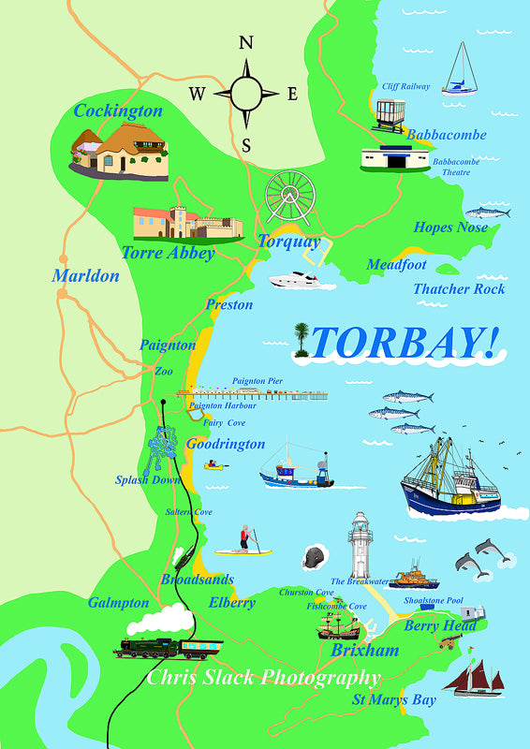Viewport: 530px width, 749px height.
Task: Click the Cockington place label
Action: coord(118,111)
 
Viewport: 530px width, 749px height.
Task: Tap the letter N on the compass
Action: coord(246,43)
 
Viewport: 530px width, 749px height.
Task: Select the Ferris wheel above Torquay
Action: coord(289,198)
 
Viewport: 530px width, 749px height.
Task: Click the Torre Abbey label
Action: coord(168,253)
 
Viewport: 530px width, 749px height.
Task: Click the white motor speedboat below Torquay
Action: coord(298,280)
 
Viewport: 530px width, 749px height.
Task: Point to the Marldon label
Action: coord(85,276)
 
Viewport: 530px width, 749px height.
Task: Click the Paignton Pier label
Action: coord(258,381)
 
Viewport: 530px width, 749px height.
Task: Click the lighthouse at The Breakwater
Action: coord(360,547)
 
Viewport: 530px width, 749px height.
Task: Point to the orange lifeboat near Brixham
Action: coord(413,576)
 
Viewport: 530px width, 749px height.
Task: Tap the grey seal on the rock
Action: coord(313,559)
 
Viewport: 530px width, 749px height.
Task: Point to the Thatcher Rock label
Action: coord(459,289)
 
